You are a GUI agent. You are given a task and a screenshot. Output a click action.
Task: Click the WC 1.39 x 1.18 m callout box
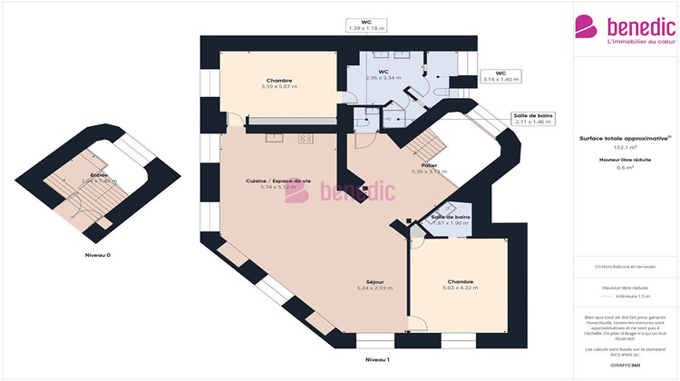point(366,24)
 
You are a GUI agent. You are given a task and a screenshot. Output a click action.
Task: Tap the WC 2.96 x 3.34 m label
point(384,74)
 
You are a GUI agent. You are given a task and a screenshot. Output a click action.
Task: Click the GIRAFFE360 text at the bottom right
point(626,363)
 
